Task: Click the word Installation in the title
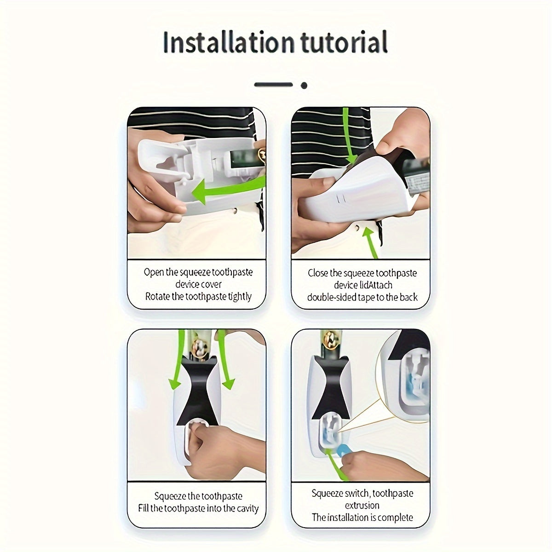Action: click(228, 42)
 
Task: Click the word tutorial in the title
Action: click(344, 42)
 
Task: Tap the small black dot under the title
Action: click(304, 85)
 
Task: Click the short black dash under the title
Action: click(273, 85)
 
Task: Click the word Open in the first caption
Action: click(154, 272)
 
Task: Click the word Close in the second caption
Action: click(318, 273)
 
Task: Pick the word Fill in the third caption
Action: click(144, 509)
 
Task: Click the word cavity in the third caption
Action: click(247, 509)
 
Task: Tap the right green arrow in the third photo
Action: click(225, 363)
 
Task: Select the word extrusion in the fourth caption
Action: click(362, 506)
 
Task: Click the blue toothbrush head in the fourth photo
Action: click(344, 448)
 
